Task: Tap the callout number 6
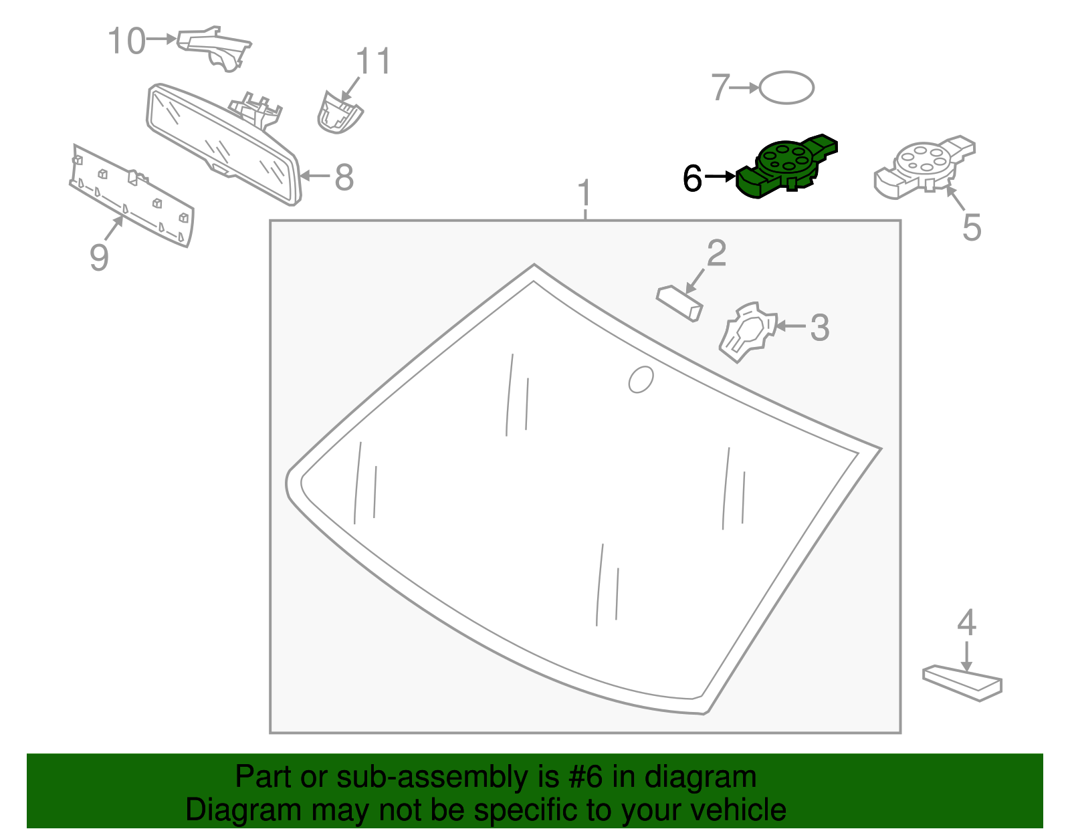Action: [692, 178]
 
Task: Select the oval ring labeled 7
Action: [787, 88]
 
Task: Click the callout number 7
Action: [720, 88]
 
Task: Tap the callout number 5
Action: [971, 227]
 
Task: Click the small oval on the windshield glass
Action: [641, 380]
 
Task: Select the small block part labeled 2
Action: [679, 302]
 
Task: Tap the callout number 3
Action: [819, 328]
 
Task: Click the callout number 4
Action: [966, 623]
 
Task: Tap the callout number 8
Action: [344, 178]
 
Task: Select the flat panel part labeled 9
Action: [131, 196]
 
